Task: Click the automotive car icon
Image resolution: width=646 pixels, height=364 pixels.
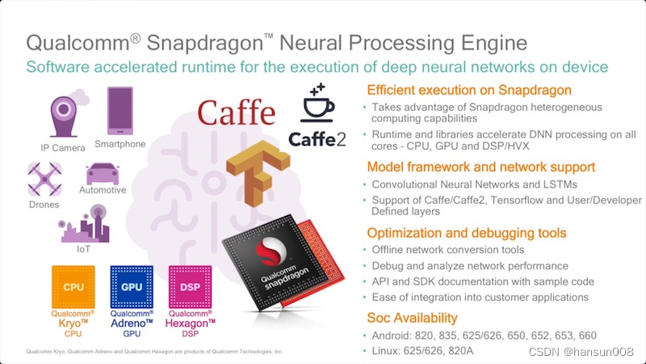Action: (102, 173)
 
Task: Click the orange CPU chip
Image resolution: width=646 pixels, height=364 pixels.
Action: (73, 287)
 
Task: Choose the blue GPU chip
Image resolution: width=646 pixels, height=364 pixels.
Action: (132, 287)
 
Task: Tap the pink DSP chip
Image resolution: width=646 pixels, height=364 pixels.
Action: (191, 287)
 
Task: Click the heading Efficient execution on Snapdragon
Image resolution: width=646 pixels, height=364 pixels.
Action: (480, 90)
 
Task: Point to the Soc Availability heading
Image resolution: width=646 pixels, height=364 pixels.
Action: (412, 317)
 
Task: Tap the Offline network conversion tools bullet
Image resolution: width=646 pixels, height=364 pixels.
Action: (449, 250)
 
